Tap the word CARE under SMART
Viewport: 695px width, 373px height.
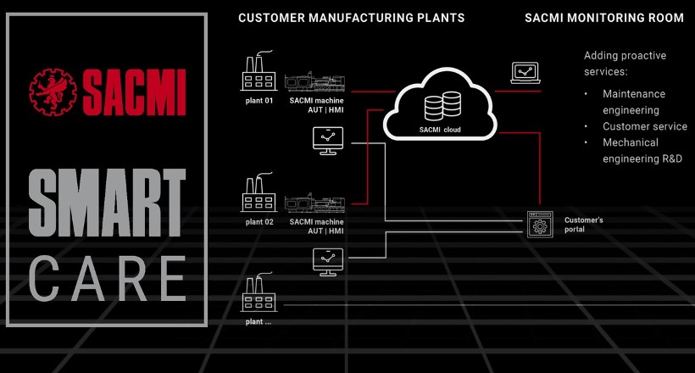pos(107,277)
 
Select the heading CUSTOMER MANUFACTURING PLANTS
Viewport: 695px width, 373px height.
pos(351,18)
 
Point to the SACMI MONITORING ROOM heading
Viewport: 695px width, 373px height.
pos(604,18)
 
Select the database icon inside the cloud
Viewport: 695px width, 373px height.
pos(438,107)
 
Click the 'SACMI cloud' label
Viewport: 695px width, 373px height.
pos(438,129)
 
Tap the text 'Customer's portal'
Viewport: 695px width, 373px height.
pos(584,225)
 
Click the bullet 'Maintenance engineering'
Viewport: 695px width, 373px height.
pos(634,102)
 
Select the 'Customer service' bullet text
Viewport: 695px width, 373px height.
pos(645,126)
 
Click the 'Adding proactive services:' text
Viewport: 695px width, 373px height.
pos(625,64)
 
